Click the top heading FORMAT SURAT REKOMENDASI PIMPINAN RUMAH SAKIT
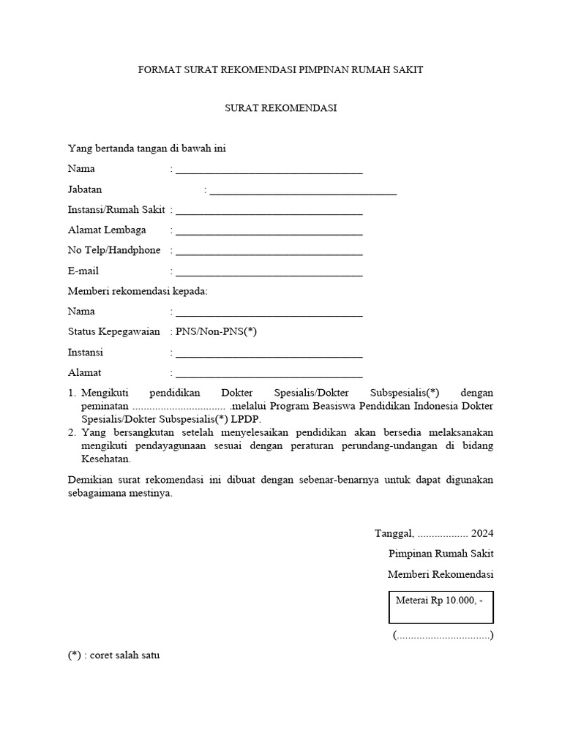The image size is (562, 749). click(281, 70)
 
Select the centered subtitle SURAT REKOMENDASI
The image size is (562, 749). click(280, 108)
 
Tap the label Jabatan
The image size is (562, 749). click(85, 189)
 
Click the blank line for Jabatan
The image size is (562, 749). click(303, 192)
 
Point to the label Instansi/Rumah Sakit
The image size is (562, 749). click(116, 210)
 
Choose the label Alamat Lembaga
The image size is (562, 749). click(107, 230)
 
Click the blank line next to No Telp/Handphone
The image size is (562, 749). click(269, 253)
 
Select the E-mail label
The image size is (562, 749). click(83, 271)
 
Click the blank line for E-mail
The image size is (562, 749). click(269, 274)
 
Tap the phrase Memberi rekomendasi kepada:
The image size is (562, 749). click(138, 291)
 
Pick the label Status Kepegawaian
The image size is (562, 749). click(113, 332)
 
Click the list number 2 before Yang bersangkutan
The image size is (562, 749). click(72, 432)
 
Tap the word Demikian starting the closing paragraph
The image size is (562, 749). click(89, 480)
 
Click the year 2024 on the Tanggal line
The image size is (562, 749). click(482, 533)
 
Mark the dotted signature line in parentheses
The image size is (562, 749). click(443, 635)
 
